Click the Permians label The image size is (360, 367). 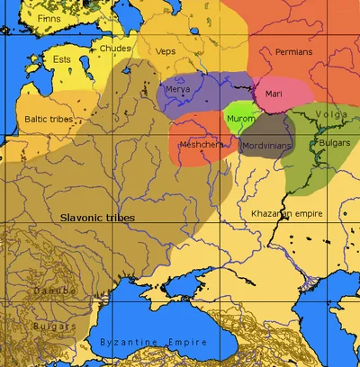294,52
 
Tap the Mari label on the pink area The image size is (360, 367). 274,93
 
